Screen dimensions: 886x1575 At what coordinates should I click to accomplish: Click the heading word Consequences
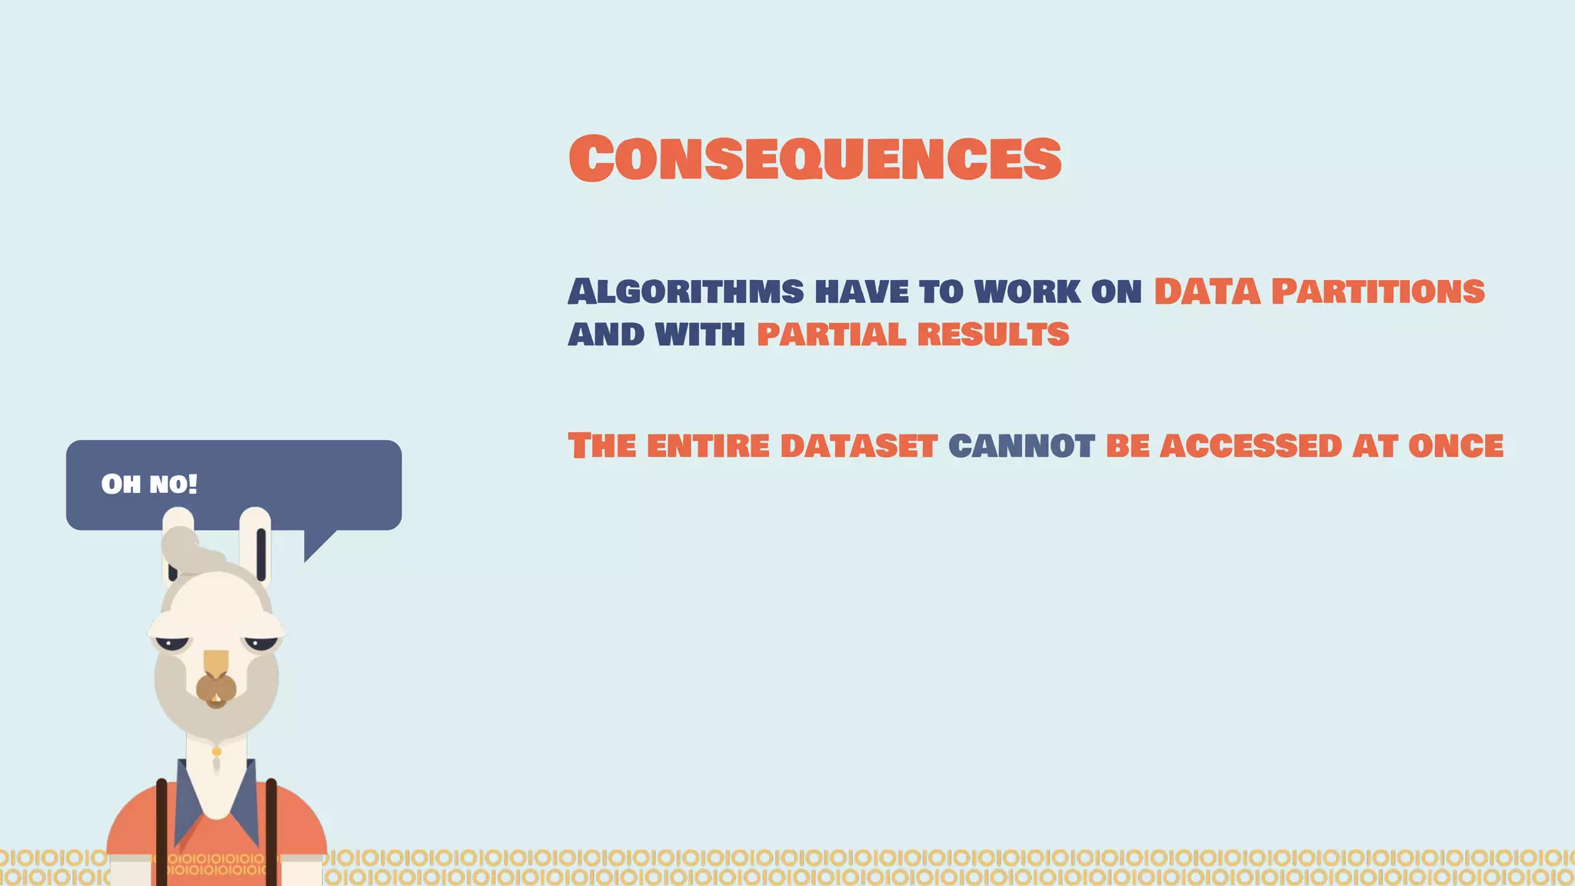[815, 158]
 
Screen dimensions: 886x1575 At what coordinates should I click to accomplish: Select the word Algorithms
[686, 291]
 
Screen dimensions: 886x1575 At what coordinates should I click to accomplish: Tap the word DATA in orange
[1207, 291]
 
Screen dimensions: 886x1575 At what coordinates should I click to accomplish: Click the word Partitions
[1377, 291]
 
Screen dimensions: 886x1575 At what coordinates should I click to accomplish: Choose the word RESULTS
[993, 335]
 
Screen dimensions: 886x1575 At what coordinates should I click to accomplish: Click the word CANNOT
[1021, 446]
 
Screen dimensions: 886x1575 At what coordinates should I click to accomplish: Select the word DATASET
[858, 446]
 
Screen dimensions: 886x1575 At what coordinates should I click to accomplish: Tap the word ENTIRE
[708, 446]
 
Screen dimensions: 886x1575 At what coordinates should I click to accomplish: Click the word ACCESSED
[1250, 446]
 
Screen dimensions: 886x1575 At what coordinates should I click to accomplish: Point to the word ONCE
[1455, 446]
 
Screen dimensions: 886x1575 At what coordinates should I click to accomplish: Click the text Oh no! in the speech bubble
[149, 485]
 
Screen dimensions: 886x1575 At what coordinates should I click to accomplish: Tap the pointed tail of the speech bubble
[315, 545]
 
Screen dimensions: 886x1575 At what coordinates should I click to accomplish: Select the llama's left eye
[172, 643]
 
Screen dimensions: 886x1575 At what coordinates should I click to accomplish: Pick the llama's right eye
[261, 643]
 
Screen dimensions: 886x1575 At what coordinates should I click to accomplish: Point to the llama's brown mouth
[216, 690]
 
